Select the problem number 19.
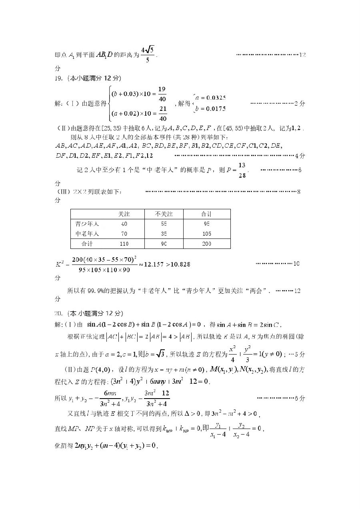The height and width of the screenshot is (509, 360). [x=59, y=78]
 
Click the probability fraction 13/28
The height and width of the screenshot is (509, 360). [x=242, y=170]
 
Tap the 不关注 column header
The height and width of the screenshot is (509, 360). [x=164, y=214]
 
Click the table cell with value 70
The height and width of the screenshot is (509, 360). [x=124, y=234]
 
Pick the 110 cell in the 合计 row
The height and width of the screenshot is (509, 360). [x=124, y=244]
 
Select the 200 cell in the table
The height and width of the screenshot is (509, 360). [x=206, y=244]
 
